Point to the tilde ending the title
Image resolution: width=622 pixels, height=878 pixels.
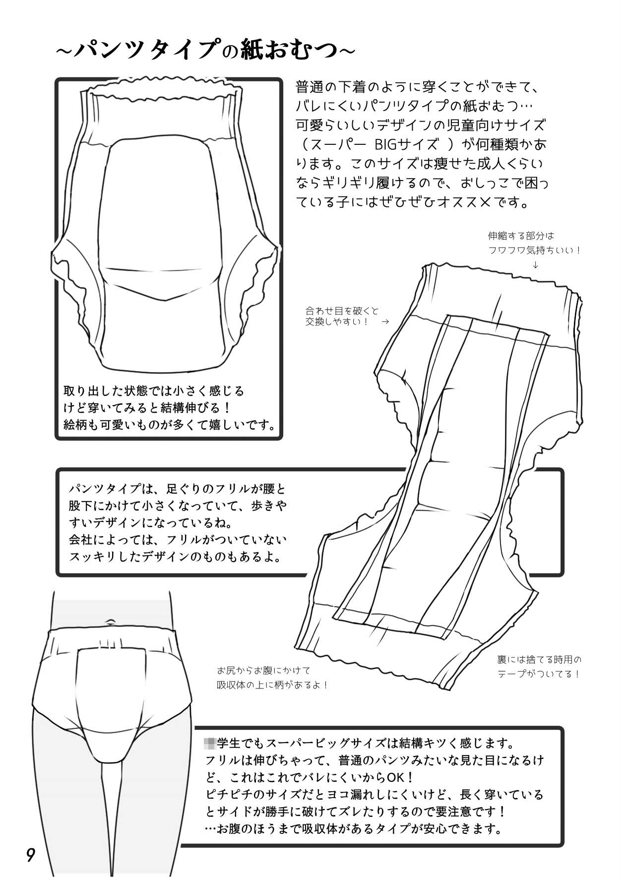[x=348, y=51]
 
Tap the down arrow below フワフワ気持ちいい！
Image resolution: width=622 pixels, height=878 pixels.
[x=535, y=265]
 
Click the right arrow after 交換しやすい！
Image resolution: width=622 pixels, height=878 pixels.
[x=385, y=321]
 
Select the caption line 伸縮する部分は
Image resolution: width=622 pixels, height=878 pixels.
[x=520, y=236]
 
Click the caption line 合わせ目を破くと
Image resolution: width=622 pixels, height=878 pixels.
[x=342, y=311]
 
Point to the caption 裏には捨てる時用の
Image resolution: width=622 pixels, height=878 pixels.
[x=539, y=660]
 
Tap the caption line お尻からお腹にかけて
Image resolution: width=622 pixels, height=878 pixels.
[x=263, y=671]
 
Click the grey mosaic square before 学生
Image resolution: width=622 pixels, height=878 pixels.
[x=210, y=743]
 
